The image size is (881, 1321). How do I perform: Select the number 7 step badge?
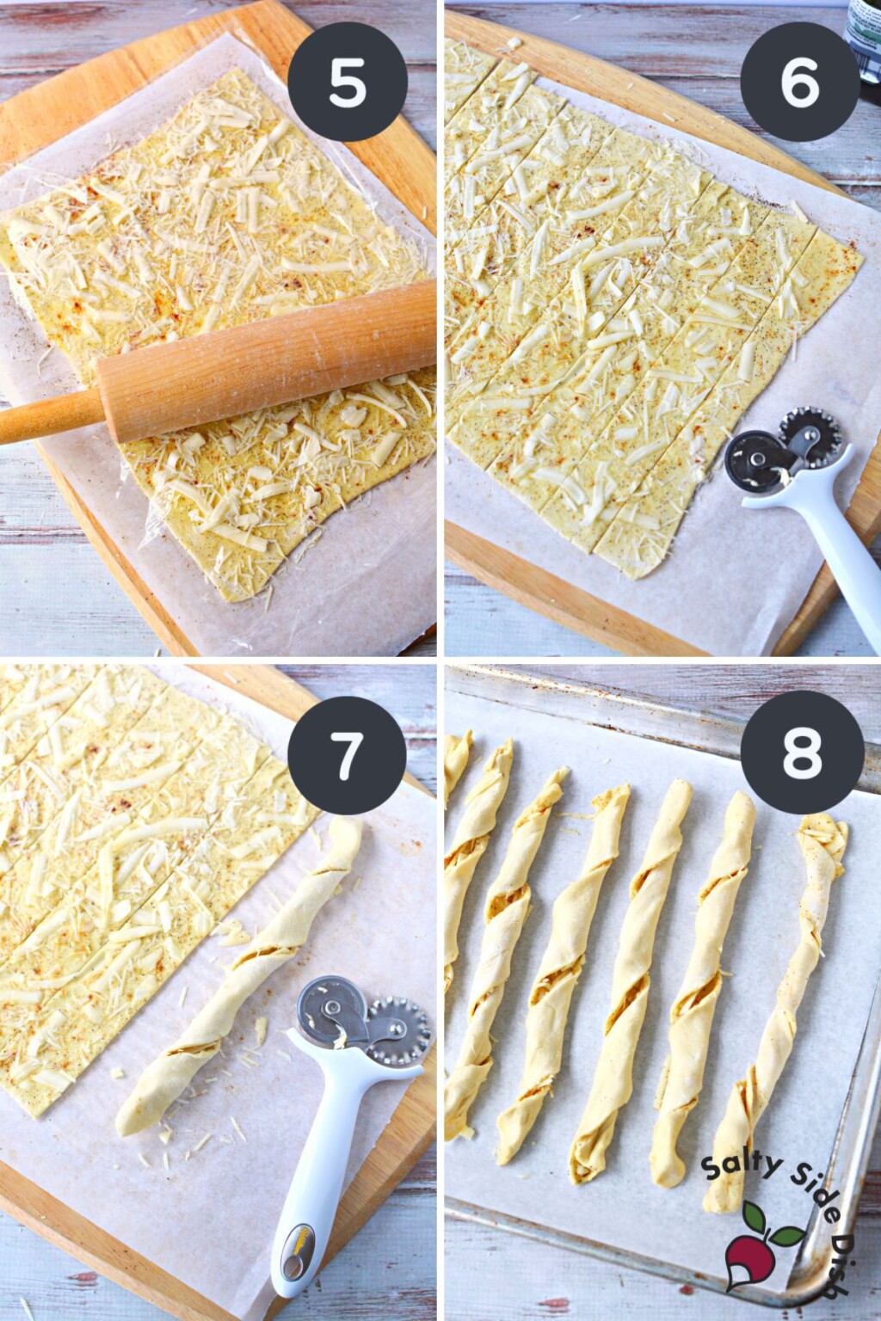coord(347,755)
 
